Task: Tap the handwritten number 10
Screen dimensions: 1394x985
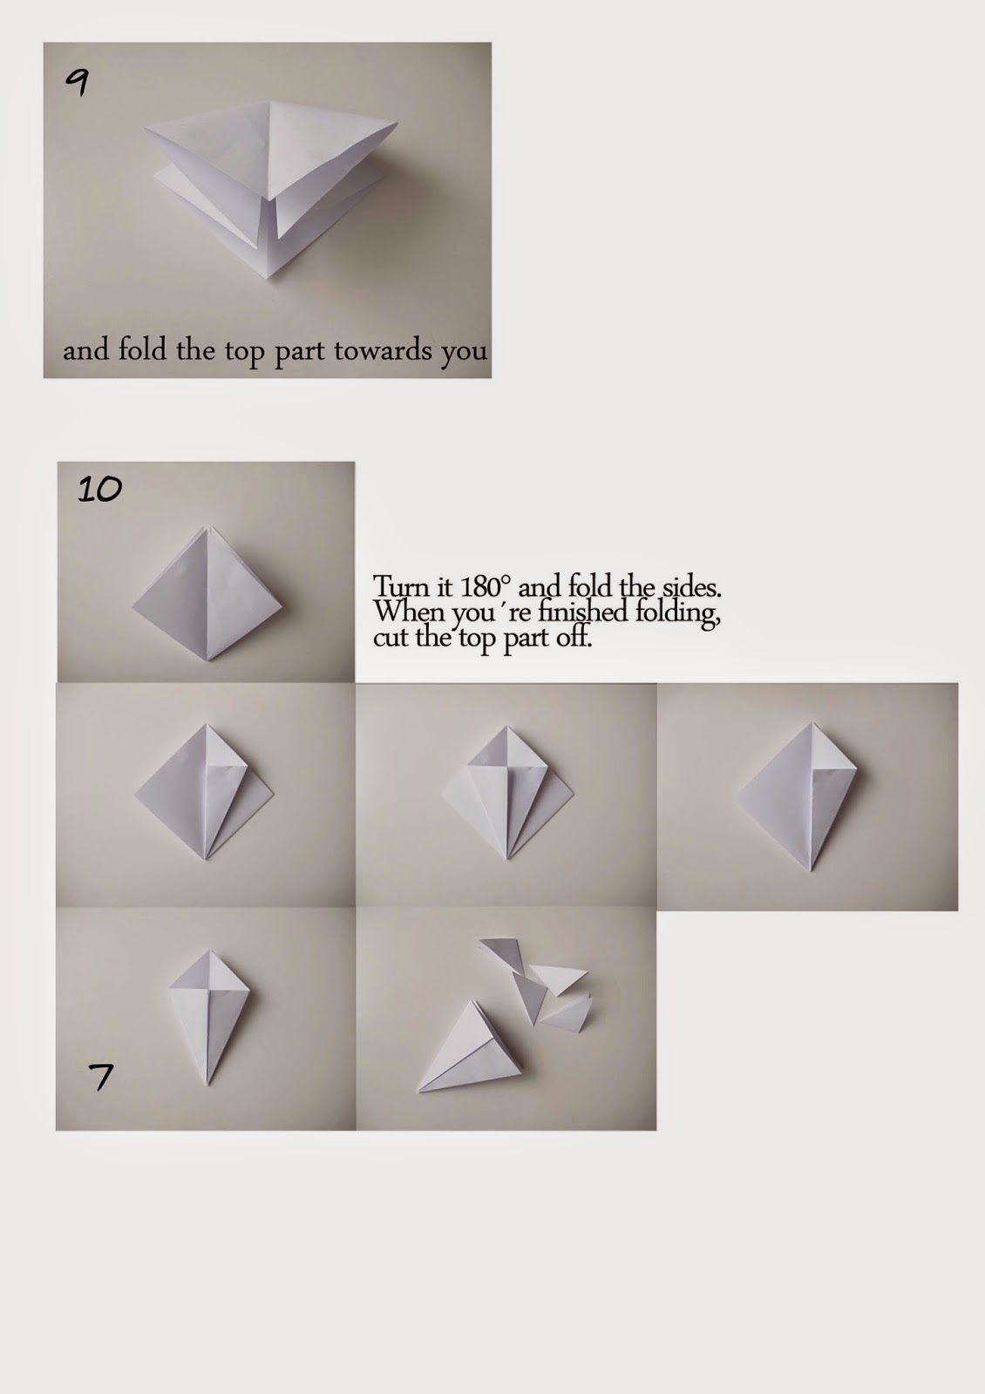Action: (x=100, y=490)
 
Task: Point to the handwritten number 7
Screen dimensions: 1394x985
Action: (x=101, y=1078)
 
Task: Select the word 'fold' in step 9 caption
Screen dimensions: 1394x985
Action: (x=145, y=351)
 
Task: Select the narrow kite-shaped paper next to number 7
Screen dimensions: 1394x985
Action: (x=207, y=1015)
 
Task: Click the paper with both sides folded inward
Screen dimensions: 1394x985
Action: (x=506, y=793)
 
